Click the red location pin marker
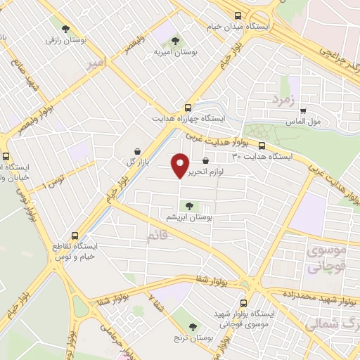pos(180,165)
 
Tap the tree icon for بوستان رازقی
pos(65,29)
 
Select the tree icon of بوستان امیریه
pos(175,40)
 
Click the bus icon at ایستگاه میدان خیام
pos(238,15)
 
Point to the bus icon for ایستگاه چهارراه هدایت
pos(188,108)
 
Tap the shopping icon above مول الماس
pos(303,110)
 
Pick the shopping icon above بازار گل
pos(136,150)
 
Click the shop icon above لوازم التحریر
pos(205,161)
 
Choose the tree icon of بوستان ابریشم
pos(188,205)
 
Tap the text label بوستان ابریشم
pos(188,217)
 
